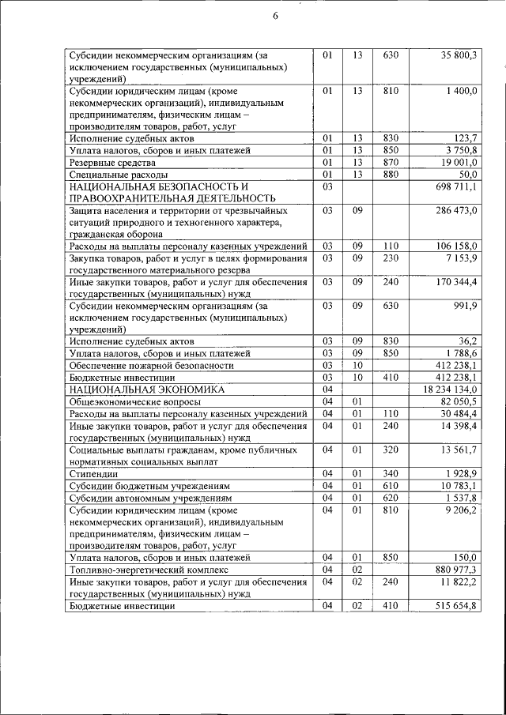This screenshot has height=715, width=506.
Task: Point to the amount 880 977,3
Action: (456, 569)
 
